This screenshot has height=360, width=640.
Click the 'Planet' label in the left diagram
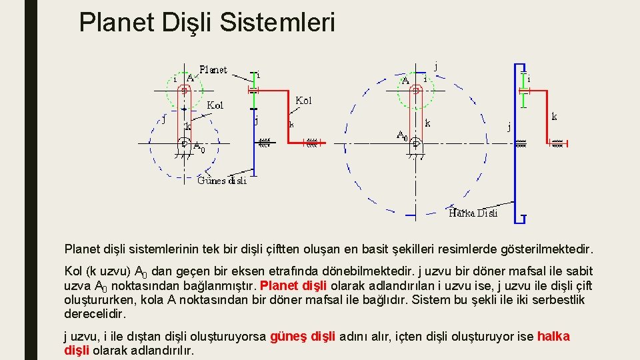(x=213, y=69)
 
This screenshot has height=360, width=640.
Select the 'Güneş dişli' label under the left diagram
(x=222, y=180)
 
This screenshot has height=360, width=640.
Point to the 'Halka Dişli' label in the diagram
(x=473, y=213)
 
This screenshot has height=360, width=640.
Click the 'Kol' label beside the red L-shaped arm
(x=303, y=101)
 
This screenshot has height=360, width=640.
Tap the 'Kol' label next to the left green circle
(x=215, y=105)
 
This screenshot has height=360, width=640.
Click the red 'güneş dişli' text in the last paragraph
(x=303, y=337)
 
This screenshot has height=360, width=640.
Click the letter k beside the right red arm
(x=554, y=117)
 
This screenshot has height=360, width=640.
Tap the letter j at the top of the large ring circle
(x=436, y=67)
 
